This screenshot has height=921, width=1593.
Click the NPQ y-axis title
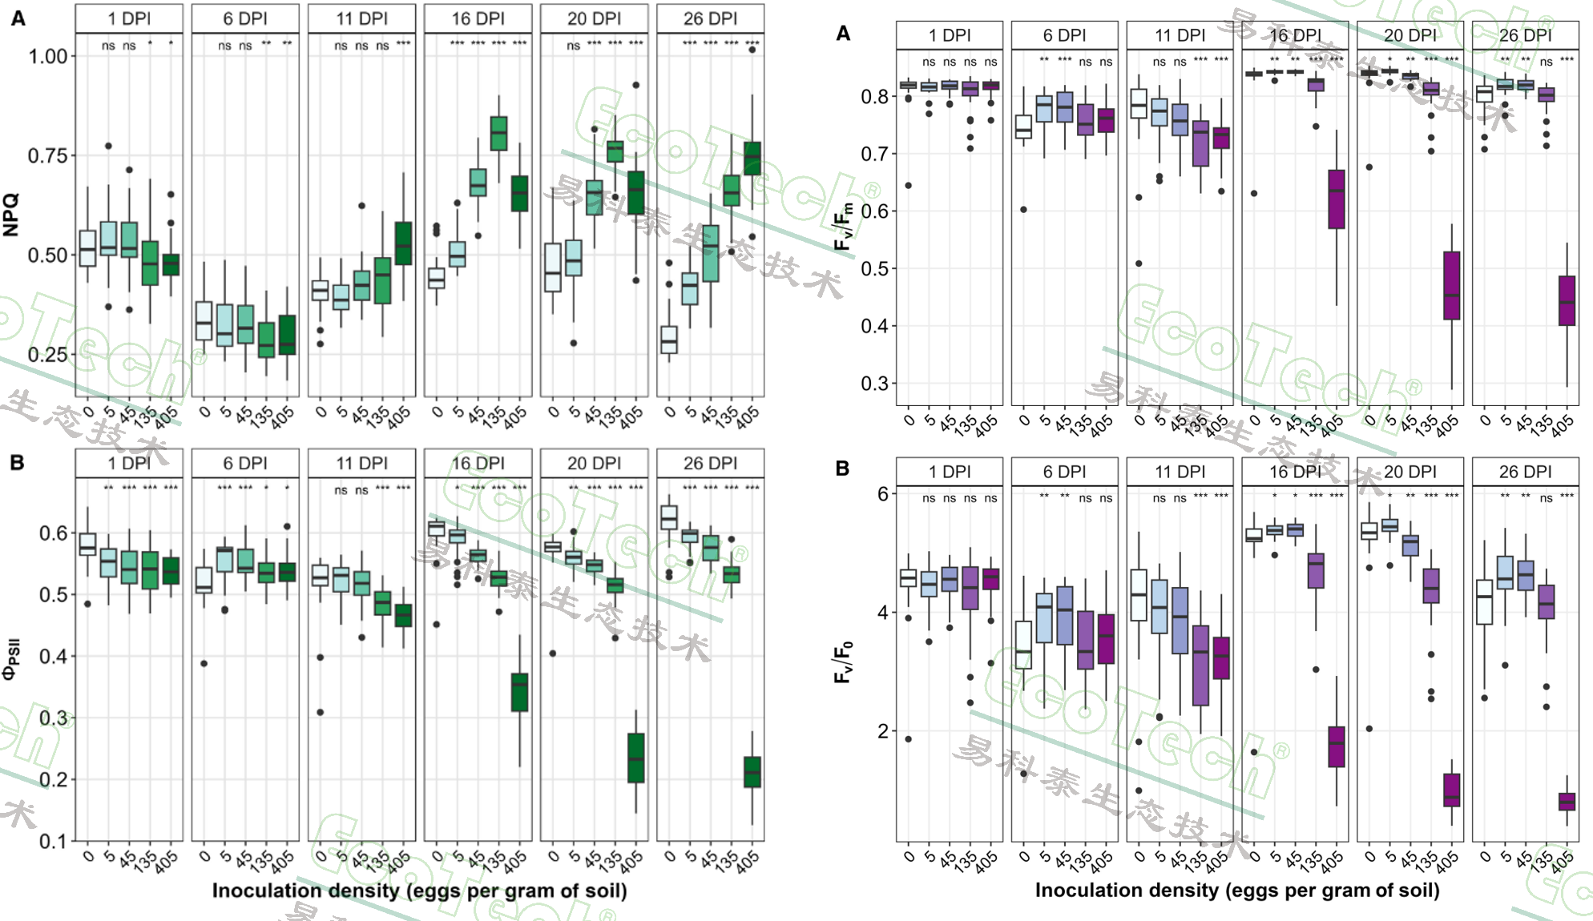[11, 215]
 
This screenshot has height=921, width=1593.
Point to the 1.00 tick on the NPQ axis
[47, 56]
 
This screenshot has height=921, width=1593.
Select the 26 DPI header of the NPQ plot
[710, 18]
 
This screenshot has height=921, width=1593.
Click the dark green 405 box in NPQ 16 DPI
[519, 194]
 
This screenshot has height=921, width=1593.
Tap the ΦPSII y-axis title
[11, 658]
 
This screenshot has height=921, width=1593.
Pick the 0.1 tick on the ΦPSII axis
[54, 841]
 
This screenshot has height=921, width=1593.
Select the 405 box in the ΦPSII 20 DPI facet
[635, 758]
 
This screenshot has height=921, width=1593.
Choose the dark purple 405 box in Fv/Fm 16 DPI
[1336, 199]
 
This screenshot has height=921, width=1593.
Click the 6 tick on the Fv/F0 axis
[882, 494]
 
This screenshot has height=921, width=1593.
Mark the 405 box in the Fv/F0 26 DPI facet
[1567, 801]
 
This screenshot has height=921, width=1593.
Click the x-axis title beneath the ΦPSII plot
[419, 891]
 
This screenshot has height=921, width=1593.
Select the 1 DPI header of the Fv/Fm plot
[950, 35]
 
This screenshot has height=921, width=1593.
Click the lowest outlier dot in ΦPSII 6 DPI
[204, 663]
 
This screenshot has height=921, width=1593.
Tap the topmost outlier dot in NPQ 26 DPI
[752, 50]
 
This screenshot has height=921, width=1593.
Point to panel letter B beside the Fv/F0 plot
[842, 468]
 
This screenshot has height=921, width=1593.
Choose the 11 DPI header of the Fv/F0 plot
[1180, 472]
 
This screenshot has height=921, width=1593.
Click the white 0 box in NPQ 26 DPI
[668, 340]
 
